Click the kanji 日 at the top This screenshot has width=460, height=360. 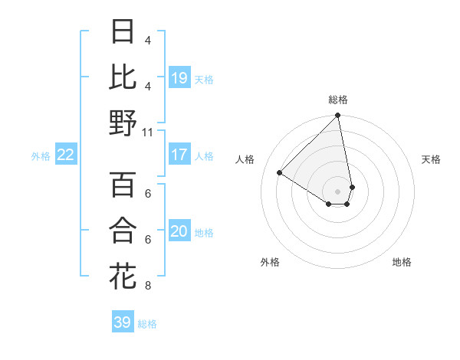(123, 31)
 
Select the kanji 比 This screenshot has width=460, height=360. (123, 77)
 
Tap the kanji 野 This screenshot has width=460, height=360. (123, 123)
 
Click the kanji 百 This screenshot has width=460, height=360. (123, 185)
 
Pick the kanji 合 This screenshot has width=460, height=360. (123, 231)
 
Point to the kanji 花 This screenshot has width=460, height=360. (123, 277)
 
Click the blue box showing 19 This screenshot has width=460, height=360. (179, 77)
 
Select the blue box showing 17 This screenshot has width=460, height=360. (179, 155)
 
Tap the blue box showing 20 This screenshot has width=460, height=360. (179, 231)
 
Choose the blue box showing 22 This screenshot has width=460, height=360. (66, 155)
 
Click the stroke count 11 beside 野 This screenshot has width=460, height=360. (148, 132)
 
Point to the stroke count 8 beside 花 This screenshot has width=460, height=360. (148, 286)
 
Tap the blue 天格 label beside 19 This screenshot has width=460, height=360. (204, 79)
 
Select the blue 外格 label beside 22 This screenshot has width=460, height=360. (41, 156)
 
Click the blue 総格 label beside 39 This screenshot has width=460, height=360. (147, 324)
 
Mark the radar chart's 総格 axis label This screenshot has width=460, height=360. (338, 100)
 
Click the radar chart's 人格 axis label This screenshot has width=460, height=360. (245, 159)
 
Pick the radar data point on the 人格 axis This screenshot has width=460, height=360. (280, 172)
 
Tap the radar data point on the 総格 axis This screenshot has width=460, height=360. (337, 116)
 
